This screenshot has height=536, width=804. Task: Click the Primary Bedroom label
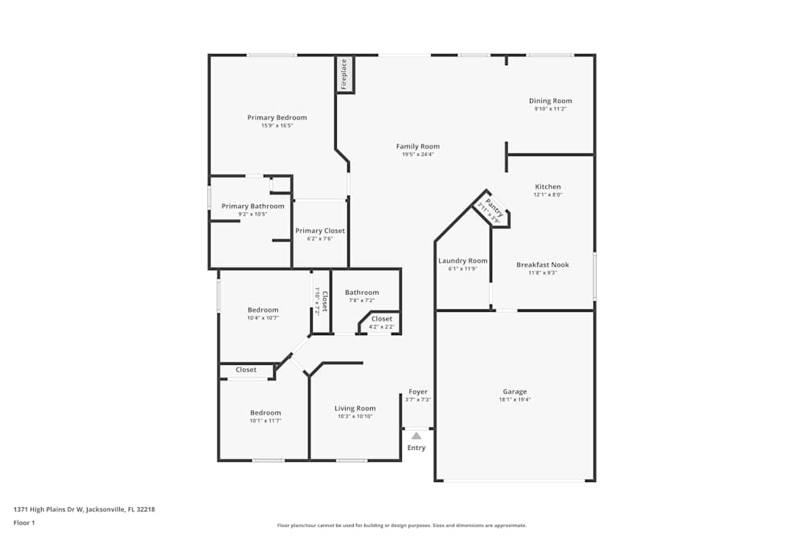coord(277,117)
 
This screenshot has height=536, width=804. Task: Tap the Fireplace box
coord(344,74)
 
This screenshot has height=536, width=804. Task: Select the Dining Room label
coord(550,101)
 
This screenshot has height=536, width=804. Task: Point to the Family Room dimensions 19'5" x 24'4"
coord(418,154)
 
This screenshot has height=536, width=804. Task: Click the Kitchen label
coord(548,186)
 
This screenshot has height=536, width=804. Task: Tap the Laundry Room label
coord(462,260)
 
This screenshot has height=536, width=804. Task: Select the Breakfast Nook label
coord(542,264)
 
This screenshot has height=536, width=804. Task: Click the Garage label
coord(515,391)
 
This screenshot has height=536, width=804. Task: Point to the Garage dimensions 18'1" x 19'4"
coord(515,399)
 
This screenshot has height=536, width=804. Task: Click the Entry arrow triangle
coord(416,436)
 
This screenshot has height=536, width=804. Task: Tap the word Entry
coord(416,448)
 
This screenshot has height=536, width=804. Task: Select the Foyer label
coord(418,391)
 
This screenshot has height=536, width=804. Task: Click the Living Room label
coord(355,408)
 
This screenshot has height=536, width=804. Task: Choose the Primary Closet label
coord(320,231)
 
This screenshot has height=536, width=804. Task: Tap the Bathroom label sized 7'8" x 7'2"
coord(361,293)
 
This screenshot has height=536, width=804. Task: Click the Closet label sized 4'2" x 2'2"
coord(382,319)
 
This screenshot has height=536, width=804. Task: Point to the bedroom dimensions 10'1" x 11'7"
coord(265,420)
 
